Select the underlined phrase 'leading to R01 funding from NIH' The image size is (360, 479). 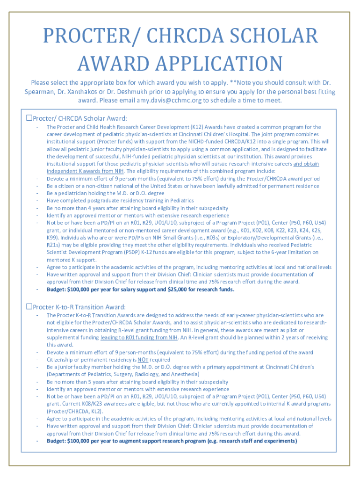click(138, 337)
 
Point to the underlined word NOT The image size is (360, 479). click(143, 360)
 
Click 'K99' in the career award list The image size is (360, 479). click(52, 238)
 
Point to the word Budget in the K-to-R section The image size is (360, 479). click(56, 441)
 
